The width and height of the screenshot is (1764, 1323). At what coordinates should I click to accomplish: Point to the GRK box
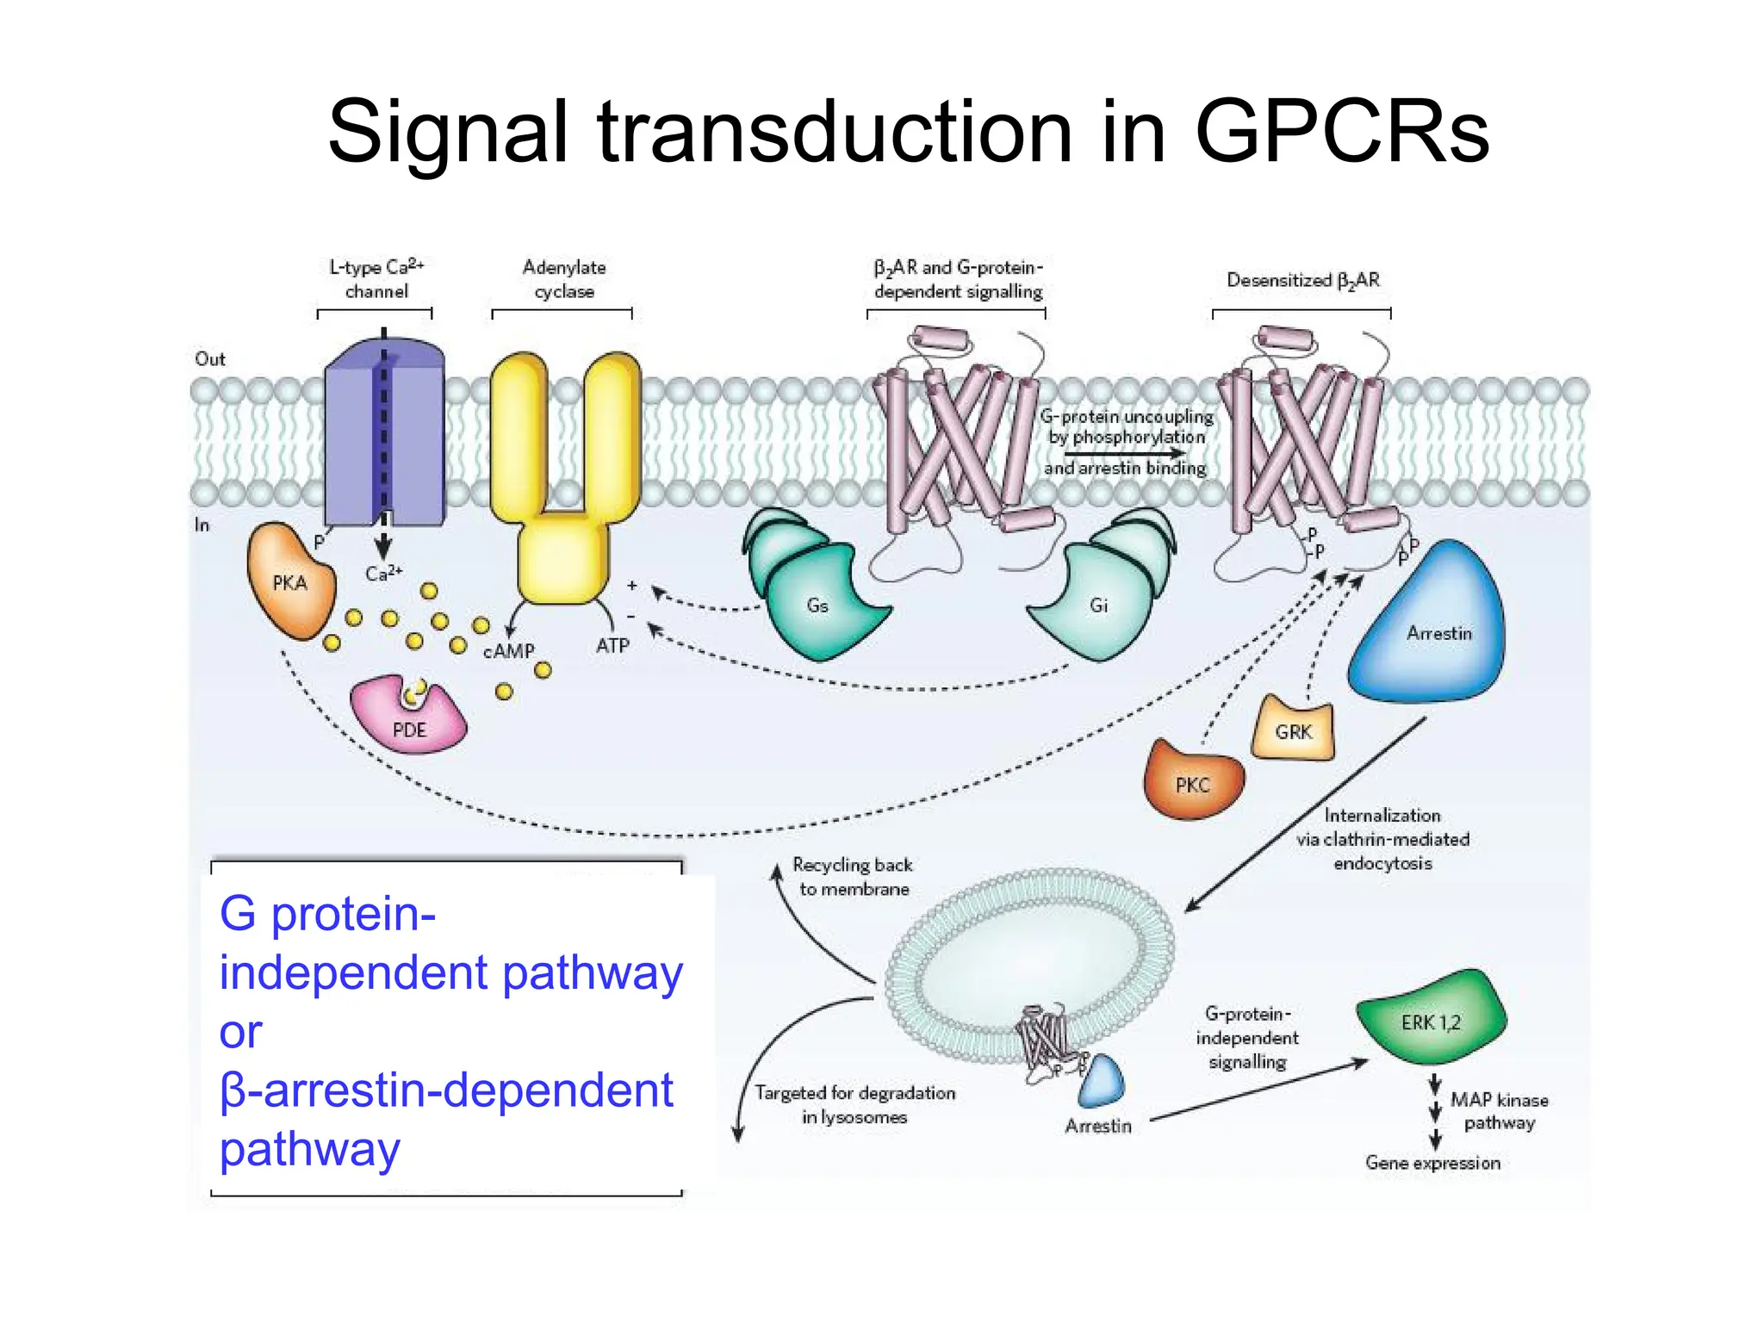click(x=1293, y=731)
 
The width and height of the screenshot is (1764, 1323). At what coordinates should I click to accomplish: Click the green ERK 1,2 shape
click(x=1430, y=1021)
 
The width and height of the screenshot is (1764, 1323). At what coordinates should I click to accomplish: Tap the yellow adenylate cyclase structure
click(x=564, y=482)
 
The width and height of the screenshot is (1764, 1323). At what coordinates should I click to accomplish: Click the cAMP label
click(x=509, y=651)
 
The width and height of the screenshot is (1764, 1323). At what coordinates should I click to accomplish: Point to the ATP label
click(x=612, y=645)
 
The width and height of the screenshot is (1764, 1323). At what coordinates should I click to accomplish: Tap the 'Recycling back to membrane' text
click(x=853, y=877)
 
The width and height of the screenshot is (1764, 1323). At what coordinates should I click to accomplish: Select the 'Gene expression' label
click(x=1432, y=1163)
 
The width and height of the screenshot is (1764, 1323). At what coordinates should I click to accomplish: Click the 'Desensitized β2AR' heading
click(x=1302, y=280)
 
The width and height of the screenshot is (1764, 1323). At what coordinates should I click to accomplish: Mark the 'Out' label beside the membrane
click(x=210, y=359)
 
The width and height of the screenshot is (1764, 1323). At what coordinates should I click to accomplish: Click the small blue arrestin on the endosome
click(x=1101, y=1082)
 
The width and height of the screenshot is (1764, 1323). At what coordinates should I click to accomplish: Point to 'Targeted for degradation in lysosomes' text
click(x=854, y=1104)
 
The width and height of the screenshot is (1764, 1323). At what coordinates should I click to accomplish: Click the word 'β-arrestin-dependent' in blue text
click(x=446, y=1090)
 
